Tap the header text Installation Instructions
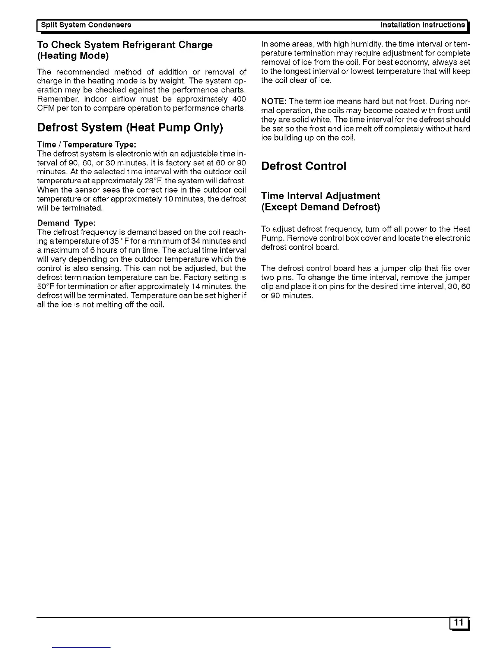pyautogui.click(x=422, y=25)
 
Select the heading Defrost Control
pyautogui.click(x=304, y=166)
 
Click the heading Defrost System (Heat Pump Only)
pyautogui.click(x=130, y=127)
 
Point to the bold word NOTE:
pyautogui.click(x=274, y=102)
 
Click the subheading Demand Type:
pyautogui.click(x=66, y=223)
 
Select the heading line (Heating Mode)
pyautogui.click(x=73, y=55)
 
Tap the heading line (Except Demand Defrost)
pyautogui.click(x=321, y=207)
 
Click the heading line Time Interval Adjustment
pyautogui.click(x=321, y=196)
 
